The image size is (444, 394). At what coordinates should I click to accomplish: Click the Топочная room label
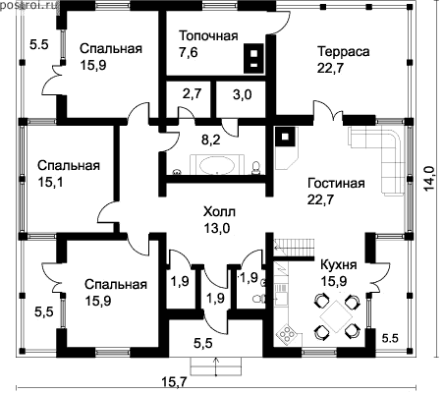[208, 35]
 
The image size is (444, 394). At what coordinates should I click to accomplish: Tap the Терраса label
[344, 51]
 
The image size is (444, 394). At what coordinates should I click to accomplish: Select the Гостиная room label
[336, 183]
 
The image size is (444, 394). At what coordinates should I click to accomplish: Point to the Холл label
[219, 211]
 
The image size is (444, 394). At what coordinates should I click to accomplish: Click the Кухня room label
[339, 264]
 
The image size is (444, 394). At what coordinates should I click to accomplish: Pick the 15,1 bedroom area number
[50, 182]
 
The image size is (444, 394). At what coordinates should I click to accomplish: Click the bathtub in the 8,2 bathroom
[217, 165]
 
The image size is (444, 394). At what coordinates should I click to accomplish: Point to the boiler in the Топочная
[254, 58]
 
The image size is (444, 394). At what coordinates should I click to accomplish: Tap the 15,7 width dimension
[175, 382]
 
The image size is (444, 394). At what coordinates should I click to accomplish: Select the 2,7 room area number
[192, 93]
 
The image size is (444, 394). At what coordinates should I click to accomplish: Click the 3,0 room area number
[243, 94]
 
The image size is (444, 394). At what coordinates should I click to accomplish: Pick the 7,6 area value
[189, 52]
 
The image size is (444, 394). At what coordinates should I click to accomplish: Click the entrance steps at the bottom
[216, 366]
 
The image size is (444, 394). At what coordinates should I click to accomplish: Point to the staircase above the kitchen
[294, 249]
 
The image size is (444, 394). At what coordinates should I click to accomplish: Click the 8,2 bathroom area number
[211, 141]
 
